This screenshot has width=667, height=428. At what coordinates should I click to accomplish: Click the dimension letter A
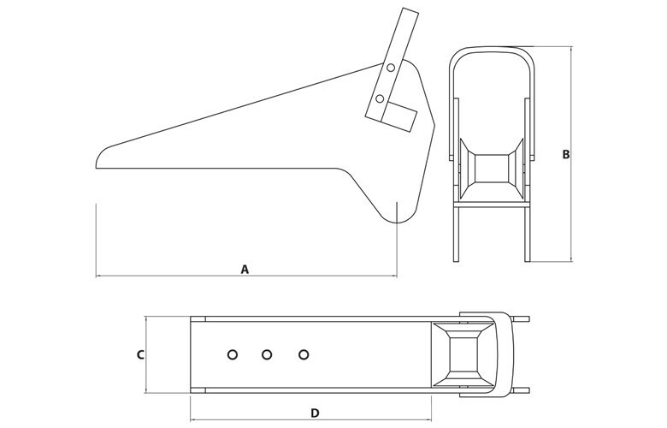point(245,269)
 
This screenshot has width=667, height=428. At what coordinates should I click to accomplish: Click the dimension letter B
point(566,155)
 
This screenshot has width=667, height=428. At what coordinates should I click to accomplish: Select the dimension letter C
point(140,354)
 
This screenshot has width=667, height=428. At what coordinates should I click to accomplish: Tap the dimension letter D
point(315,413)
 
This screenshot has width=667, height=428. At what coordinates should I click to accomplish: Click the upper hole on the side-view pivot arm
point(391,68)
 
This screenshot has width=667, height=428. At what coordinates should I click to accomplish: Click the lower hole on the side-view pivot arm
point(380,98)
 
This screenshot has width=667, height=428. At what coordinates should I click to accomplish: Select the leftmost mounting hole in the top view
point(233,354)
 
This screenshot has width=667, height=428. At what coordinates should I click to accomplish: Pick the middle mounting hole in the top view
point(267,354)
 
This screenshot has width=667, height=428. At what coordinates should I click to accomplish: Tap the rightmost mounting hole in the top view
point(304,354)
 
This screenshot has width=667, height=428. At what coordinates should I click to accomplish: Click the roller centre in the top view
point(463,354)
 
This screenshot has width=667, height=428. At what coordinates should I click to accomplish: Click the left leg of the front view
point(457,234)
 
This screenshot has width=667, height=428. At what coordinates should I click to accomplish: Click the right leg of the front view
point(528,234)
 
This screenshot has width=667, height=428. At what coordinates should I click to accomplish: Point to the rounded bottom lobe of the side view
point(397,215)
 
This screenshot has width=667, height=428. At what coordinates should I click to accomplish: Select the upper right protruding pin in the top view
point(522,319)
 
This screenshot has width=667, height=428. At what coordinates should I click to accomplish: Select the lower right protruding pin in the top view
point(522,390)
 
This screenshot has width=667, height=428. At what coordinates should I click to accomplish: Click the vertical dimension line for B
point(571,154)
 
